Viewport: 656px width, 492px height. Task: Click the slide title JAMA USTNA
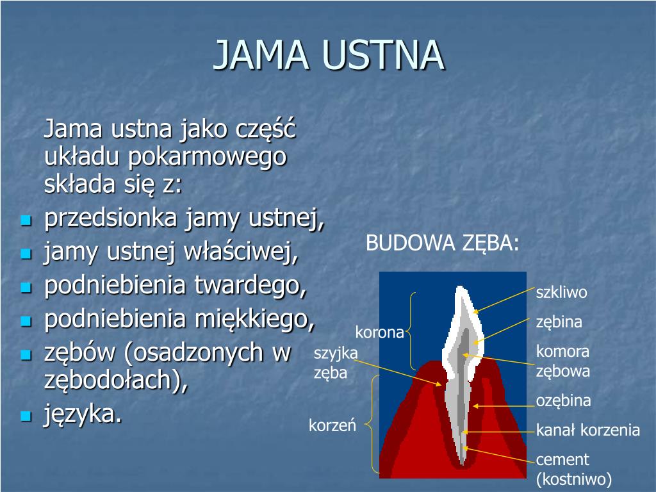(329, 54)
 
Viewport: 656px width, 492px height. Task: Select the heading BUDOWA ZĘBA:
(442, 243)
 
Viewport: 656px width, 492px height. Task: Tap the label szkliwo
(561, 292)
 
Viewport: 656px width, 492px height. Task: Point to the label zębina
(559, 322)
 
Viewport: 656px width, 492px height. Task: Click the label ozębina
(563, 401)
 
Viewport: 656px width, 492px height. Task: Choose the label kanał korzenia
(588, 430)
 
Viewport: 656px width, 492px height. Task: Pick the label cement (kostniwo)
(573, 469)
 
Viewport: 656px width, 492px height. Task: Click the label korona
(379, 332)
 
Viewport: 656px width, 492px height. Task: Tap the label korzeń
(332, 425)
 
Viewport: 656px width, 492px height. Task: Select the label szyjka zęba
(336, 363)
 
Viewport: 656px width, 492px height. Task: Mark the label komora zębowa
(562, 361)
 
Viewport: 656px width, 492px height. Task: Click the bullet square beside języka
(26, 416)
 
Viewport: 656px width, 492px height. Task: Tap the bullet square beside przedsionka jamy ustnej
(26, 220)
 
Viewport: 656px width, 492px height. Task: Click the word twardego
(250, 286)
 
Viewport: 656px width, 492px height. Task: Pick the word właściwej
(241, 252)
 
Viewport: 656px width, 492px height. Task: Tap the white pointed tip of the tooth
(460, 287)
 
